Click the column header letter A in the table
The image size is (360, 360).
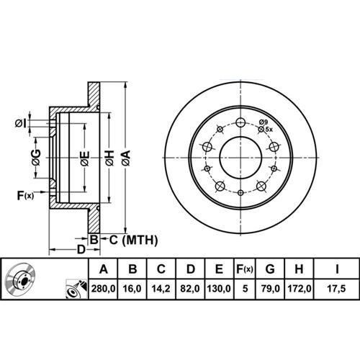103,270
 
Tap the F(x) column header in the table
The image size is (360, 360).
245,270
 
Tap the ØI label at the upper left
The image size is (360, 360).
20,122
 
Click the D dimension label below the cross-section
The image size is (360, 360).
81,248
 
